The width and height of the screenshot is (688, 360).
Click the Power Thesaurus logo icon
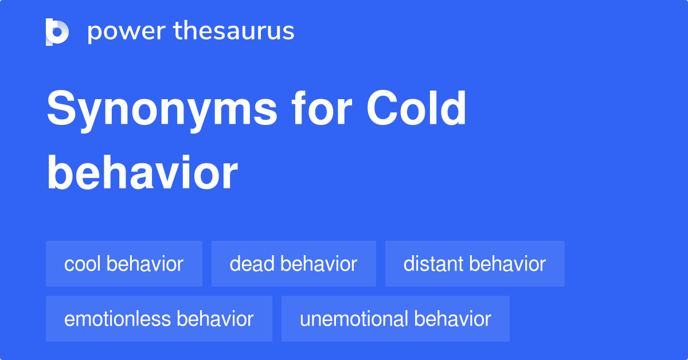[57, 32]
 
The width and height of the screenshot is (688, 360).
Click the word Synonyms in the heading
[162, 109]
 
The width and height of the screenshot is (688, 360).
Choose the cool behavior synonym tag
[124, 264]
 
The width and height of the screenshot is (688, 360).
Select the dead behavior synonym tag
[294, 264]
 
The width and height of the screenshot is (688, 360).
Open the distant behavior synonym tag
[475, 264]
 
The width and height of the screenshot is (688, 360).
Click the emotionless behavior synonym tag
[159, 319]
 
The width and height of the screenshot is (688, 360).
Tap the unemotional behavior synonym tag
[395, 319]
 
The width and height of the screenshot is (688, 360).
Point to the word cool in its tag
[83, 264]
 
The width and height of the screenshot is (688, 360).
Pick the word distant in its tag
[433, 264]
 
